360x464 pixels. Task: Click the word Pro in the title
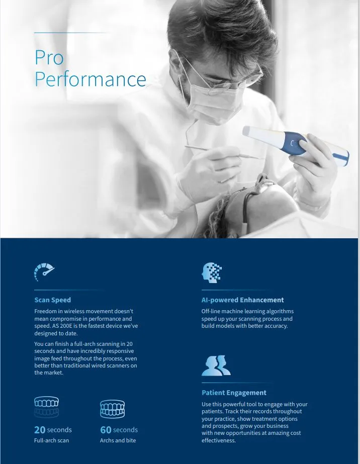pyautogui.click(x=49, y=57)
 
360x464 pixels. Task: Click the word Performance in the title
pyautogui.click(x=91, y=79)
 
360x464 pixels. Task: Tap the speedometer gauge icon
pyautogui.click(x=44, y=271)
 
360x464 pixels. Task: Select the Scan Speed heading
pyautogui.click(x=53, y=300)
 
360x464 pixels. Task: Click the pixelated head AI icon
pyautogui.click(x=212, y=272)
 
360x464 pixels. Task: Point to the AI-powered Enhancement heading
pyautogui.click(x=242, y=300)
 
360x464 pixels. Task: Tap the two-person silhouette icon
pyautogui.click(x=216, y=366)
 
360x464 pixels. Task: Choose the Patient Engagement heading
pyautogui.click(x=234, y=393)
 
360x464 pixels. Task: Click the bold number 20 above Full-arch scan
pyautogui.click(x=40, y=430)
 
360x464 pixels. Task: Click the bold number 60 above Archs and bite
pyautogui.click(x=106, y=430)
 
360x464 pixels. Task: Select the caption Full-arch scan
pyautogui.click(x=51, y=440)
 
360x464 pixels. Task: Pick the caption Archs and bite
pyautogui.click(x=118, y=440)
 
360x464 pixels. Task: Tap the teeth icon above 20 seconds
pyautogui.click(x=46, y=407)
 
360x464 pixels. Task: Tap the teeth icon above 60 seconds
pyautogui.click(x=113, y=409)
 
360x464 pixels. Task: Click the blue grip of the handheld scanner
pyautogui.click(x=294, y=143)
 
